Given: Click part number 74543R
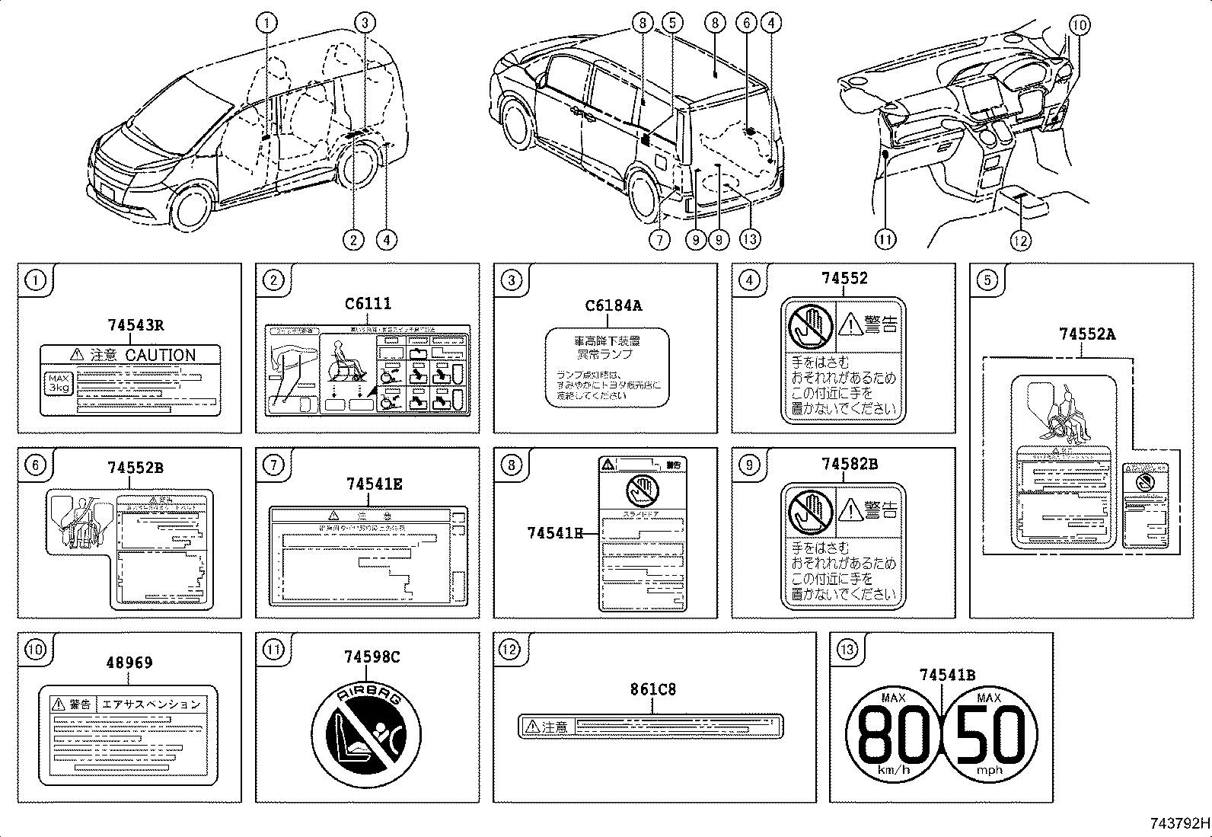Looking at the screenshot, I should tap(136, 325).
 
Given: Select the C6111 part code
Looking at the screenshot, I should tap(368, 305).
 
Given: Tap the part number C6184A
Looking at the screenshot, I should tap(613, 306).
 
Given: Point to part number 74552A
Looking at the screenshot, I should tap(1087, 334).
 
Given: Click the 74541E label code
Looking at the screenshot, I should tap(374, 484).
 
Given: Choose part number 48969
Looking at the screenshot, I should tap(129, 663).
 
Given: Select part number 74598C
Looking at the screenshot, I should tap(371, 657).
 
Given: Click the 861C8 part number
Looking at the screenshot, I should tap(652, 690).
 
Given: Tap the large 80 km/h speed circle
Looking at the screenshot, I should tap(894, 734).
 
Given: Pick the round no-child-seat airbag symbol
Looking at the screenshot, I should tap(366, 736).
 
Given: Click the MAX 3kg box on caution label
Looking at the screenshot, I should tap(58, 382).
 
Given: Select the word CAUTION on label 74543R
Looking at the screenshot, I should tap(160, 355).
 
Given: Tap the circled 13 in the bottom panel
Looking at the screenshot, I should tap(847, 650).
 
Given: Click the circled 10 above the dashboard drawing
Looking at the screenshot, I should tap(1079, 25).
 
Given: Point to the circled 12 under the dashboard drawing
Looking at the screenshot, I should tap(1020, 241).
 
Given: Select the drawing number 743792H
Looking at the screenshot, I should tap(1179, 823).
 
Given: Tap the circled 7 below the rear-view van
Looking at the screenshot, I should tap(659, 240).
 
